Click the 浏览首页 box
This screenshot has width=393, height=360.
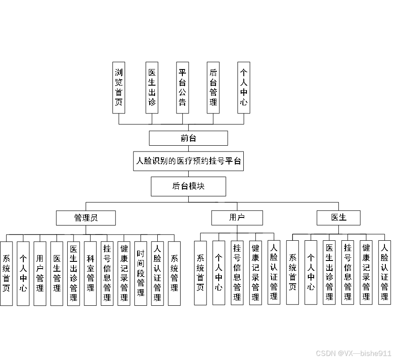point(119,87)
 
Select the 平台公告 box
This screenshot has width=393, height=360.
point(182,87)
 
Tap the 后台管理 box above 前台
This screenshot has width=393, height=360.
point(213,87)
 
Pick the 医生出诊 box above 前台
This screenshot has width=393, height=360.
point(152,87)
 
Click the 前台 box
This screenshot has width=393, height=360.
point(188,138)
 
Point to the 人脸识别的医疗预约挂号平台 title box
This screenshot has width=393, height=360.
point(188,161)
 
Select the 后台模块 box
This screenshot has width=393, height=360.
point(188,186)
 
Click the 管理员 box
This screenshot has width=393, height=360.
point(86,218)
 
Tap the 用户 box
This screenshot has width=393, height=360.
point(237,218)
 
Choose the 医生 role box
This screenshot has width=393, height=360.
point(339,218)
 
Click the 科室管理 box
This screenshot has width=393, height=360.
point(91,273)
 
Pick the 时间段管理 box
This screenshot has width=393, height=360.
point(141,273)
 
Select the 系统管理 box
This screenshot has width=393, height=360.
point(174,273)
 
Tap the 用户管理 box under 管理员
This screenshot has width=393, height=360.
point(40,273)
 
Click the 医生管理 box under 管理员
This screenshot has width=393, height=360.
point(57,273)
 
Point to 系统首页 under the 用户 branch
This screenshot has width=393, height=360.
point(200,273)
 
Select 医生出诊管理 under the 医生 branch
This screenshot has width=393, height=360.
point(329,273)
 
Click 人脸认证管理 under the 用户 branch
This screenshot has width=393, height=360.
point(274,273)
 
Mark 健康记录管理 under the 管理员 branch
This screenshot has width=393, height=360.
point(124,273)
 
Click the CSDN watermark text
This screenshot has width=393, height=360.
point(354,353)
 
